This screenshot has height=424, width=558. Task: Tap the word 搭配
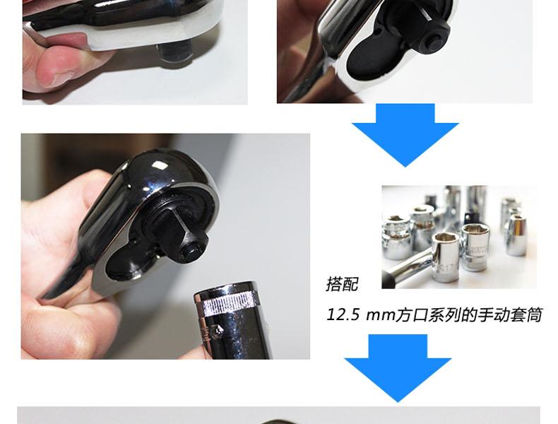coord(342,285)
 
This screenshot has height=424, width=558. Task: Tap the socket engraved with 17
coord(445,257)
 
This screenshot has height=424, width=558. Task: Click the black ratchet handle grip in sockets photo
coord(388,278)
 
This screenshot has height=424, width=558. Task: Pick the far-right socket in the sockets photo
coord(517,235)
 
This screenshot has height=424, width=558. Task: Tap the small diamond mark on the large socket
coord(217,331)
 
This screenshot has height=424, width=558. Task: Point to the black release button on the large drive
coord(192,252)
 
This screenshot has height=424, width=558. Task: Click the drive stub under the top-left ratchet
coord(174,53)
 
